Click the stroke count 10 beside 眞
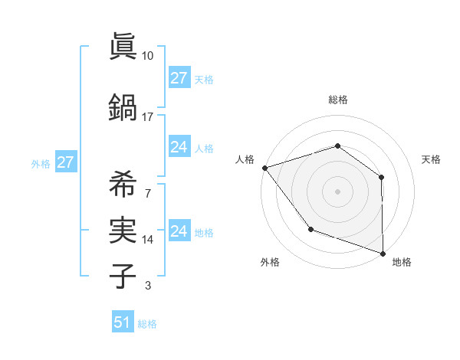[148, 56]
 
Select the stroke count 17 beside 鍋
[148, 116]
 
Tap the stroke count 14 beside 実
[148, 240]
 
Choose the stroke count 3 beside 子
[148, 286]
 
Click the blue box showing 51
[123, 322]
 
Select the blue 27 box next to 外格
[65, 162]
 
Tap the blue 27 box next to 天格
[179, 78]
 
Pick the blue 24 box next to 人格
[179, 147]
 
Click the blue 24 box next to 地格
[179, 231]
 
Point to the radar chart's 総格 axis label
[337, 100]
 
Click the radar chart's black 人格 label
[245, 159]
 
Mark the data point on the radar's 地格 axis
[383, 253]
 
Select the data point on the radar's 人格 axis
[264, 168]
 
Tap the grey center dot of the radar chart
[337, 191]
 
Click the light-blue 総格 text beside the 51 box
[147, 324]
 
